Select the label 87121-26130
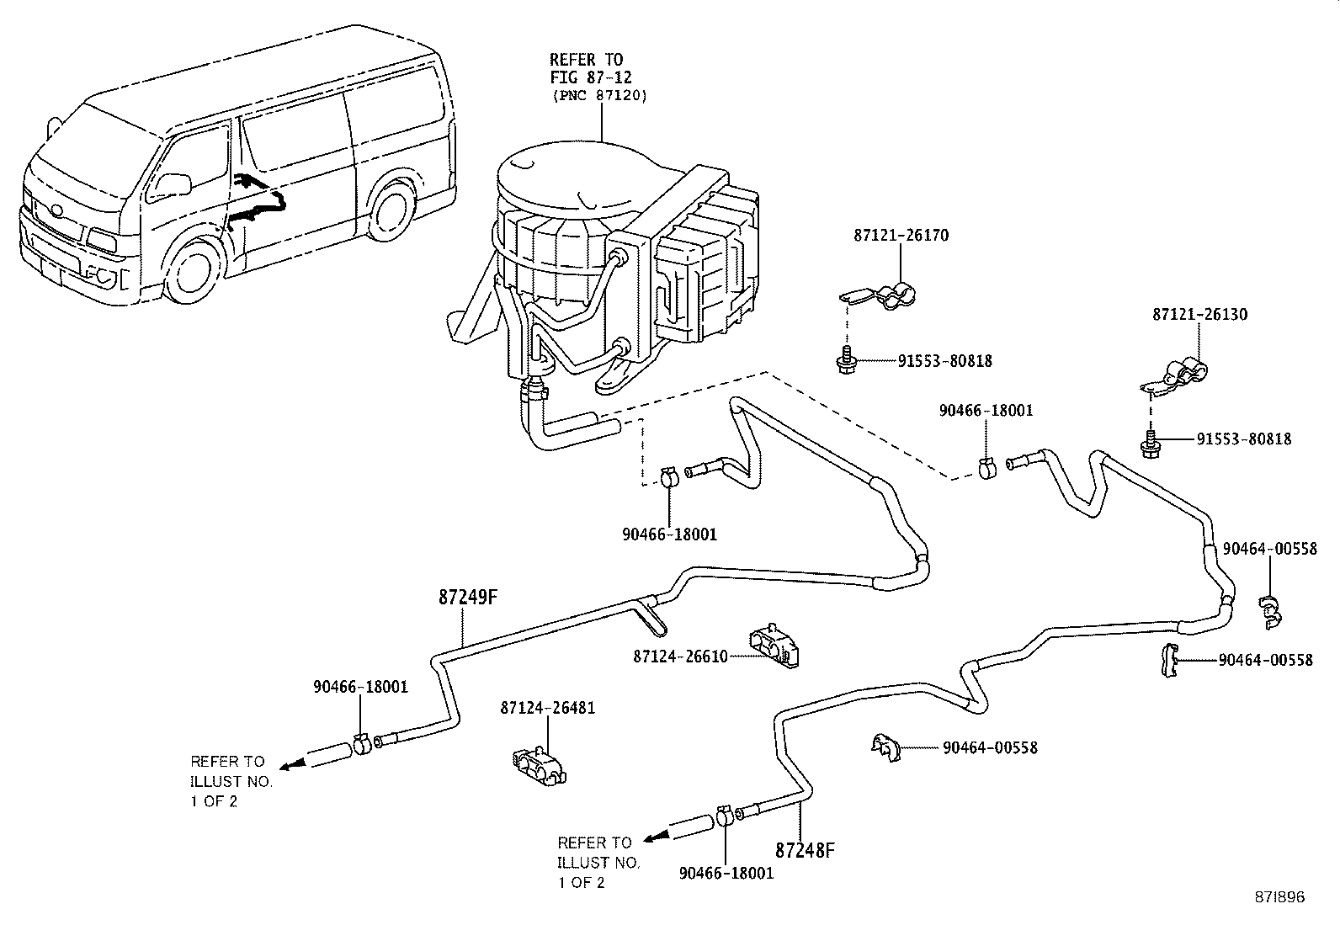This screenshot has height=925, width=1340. tap(1199, 315)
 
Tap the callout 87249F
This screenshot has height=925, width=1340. tap(469, 598)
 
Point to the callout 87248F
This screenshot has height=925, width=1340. tap(805, 850)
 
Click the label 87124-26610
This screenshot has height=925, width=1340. tap(680, 657)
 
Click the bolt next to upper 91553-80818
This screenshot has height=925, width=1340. tap(846, 361)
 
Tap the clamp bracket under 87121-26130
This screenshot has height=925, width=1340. tap(1178, 375)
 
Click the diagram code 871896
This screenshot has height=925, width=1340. tap(1276, 897)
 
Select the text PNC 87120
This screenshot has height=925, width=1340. tap(600, 96)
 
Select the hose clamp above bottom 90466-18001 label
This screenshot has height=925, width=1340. tap(725, 816)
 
